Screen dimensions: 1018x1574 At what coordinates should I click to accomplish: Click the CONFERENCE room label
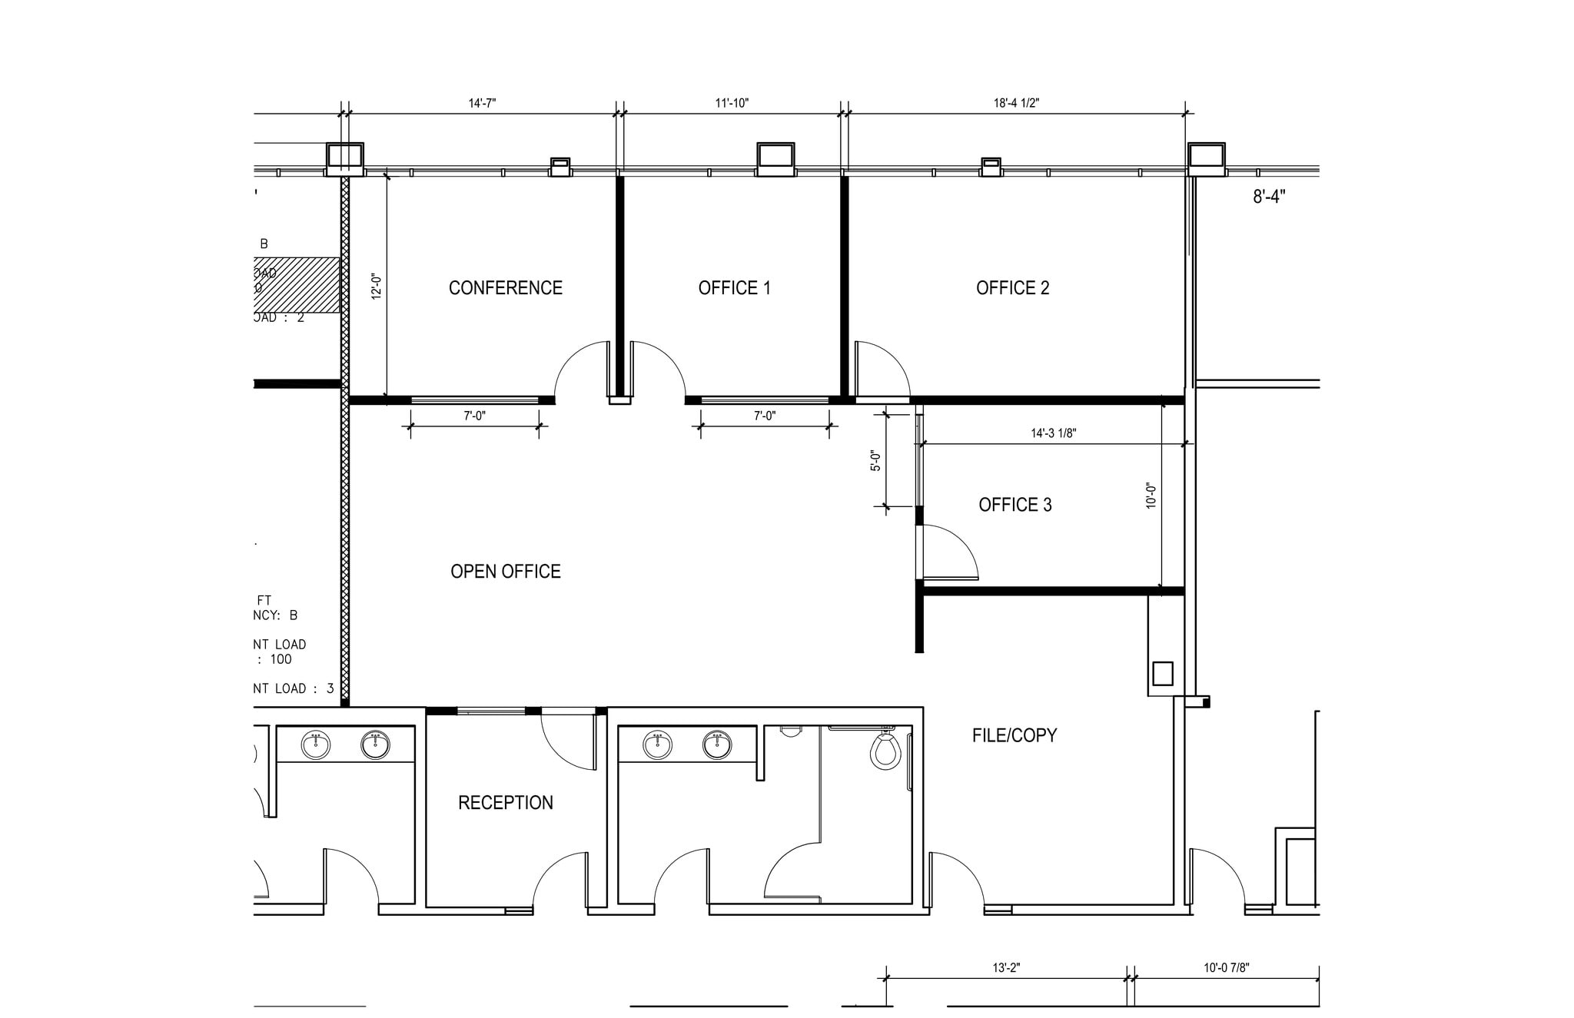(505, 288)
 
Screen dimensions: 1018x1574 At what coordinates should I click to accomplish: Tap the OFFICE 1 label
(734, 288)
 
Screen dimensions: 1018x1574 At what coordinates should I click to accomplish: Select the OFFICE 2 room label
(1012, 288)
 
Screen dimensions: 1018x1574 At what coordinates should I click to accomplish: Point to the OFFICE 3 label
(1014, 505)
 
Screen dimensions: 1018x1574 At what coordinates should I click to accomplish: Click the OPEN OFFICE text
(505, 572)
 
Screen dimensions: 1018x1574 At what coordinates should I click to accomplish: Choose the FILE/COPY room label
(1014, 736)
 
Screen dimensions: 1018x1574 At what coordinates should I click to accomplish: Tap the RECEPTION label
(505, 803)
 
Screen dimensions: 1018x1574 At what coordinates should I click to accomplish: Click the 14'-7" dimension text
(482, 103)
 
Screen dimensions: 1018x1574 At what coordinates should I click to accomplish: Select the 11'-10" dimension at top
(731, 103)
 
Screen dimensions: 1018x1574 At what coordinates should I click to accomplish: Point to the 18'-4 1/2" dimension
(1016, 103)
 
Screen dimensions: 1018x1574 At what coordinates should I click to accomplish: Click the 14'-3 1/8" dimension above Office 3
(1053, 433)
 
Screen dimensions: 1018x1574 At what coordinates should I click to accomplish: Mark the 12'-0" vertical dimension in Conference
(377, 286)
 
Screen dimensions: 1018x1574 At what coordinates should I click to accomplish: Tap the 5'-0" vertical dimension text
(876, 460)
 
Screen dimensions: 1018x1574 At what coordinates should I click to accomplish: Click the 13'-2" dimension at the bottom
(1005, 968)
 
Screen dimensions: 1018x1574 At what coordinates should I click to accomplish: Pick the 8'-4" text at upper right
(1269, 197)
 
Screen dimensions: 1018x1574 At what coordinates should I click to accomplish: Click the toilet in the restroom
(885, 751)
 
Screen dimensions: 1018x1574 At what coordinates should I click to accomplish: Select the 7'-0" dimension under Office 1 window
(764, 416)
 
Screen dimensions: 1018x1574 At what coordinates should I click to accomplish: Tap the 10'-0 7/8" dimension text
(1226, 968)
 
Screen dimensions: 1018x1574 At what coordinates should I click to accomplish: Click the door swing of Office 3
(953, 552)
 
